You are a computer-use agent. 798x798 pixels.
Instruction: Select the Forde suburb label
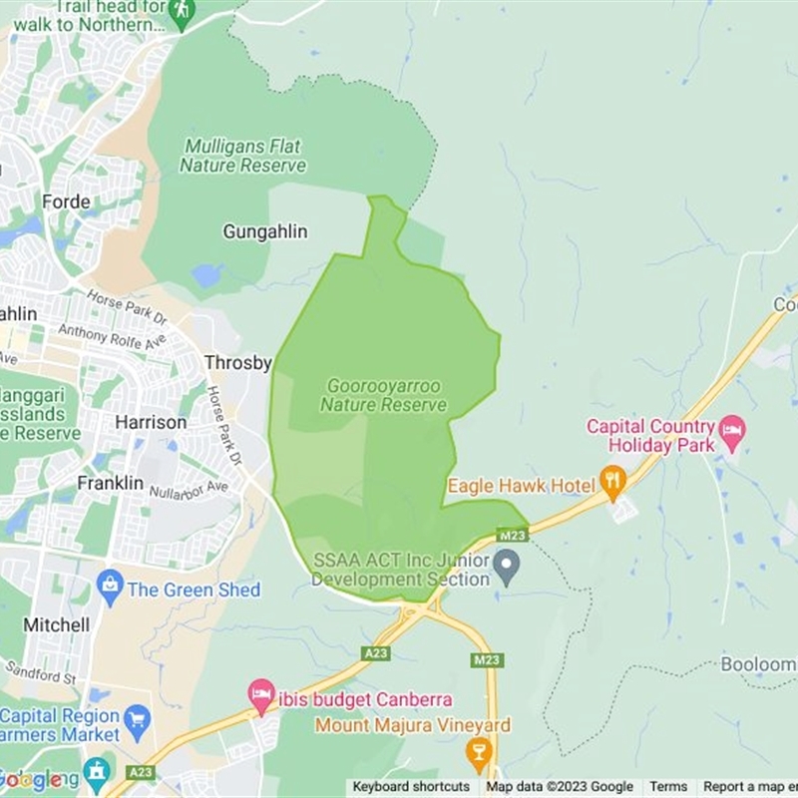(66, 202)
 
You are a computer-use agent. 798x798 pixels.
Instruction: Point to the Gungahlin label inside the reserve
(264, 232)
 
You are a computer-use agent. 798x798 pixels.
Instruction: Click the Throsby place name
(237, 363)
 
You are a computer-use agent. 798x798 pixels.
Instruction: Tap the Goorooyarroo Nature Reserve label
(384, 396)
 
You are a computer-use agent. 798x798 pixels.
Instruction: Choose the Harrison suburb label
(151, 422)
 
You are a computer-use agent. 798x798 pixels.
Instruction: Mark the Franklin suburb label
(111, 483)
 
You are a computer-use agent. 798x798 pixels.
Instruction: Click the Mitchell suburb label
(56, 625)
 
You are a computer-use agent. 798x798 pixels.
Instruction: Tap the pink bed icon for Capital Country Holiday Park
(733, 433)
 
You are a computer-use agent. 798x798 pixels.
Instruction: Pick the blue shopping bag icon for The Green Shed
(111, 589)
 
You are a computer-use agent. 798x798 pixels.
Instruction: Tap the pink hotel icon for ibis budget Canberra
(261, 695)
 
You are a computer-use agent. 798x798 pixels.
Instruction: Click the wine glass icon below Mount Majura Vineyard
(480, 751)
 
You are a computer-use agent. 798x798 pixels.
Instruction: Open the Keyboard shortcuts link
(411, 787)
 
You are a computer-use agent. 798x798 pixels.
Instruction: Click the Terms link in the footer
(668, 787)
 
